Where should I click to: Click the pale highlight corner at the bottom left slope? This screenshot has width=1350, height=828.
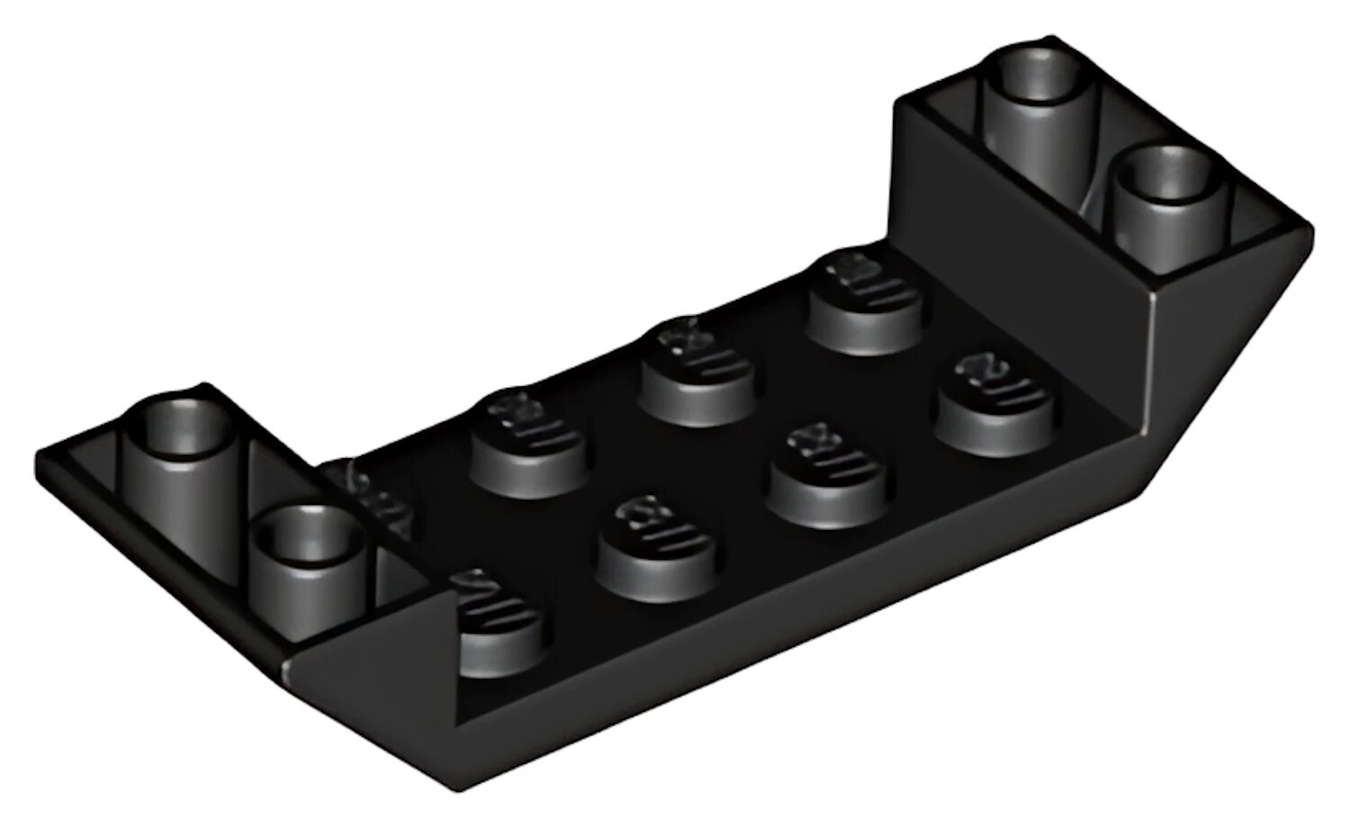coord(290,670)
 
